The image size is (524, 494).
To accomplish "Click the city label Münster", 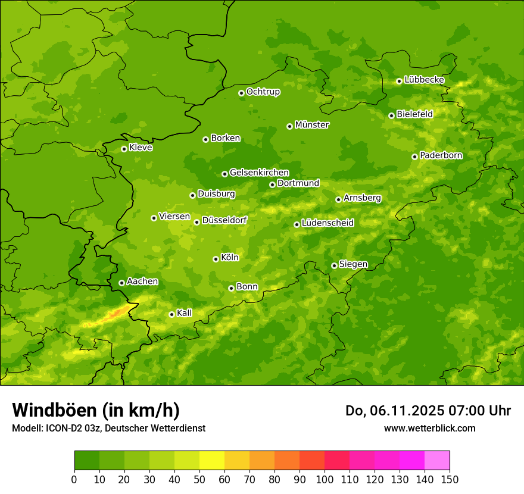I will [312, 125].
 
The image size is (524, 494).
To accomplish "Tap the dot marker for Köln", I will [216, 259].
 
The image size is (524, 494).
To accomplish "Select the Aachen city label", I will [142, 282].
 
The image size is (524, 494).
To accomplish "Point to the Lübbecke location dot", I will [399, 81].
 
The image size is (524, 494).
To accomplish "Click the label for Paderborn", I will [441, 155].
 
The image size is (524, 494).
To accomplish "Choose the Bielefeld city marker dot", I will [391, 115].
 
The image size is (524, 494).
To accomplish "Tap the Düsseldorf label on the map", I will [224, 220].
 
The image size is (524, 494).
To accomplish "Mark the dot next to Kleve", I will [124, 149].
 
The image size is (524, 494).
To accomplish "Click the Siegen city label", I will [353, 264].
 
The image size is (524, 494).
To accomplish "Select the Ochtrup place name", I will [263, 92].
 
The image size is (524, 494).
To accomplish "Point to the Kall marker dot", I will [171, 314].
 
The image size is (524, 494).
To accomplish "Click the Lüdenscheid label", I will [327, 223].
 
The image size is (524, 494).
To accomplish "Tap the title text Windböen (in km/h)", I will [96, 410].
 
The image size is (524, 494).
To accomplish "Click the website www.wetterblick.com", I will [429, 428].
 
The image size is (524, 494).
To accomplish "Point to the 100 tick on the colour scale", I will [325, 479].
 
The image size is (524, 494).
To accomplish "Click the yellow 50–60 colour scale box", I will [212, 461].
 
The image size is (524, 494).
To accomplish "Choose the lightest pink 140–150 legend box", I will [437, 461].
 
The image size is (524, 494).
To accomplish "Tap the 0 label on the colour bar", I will [74, 479].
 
